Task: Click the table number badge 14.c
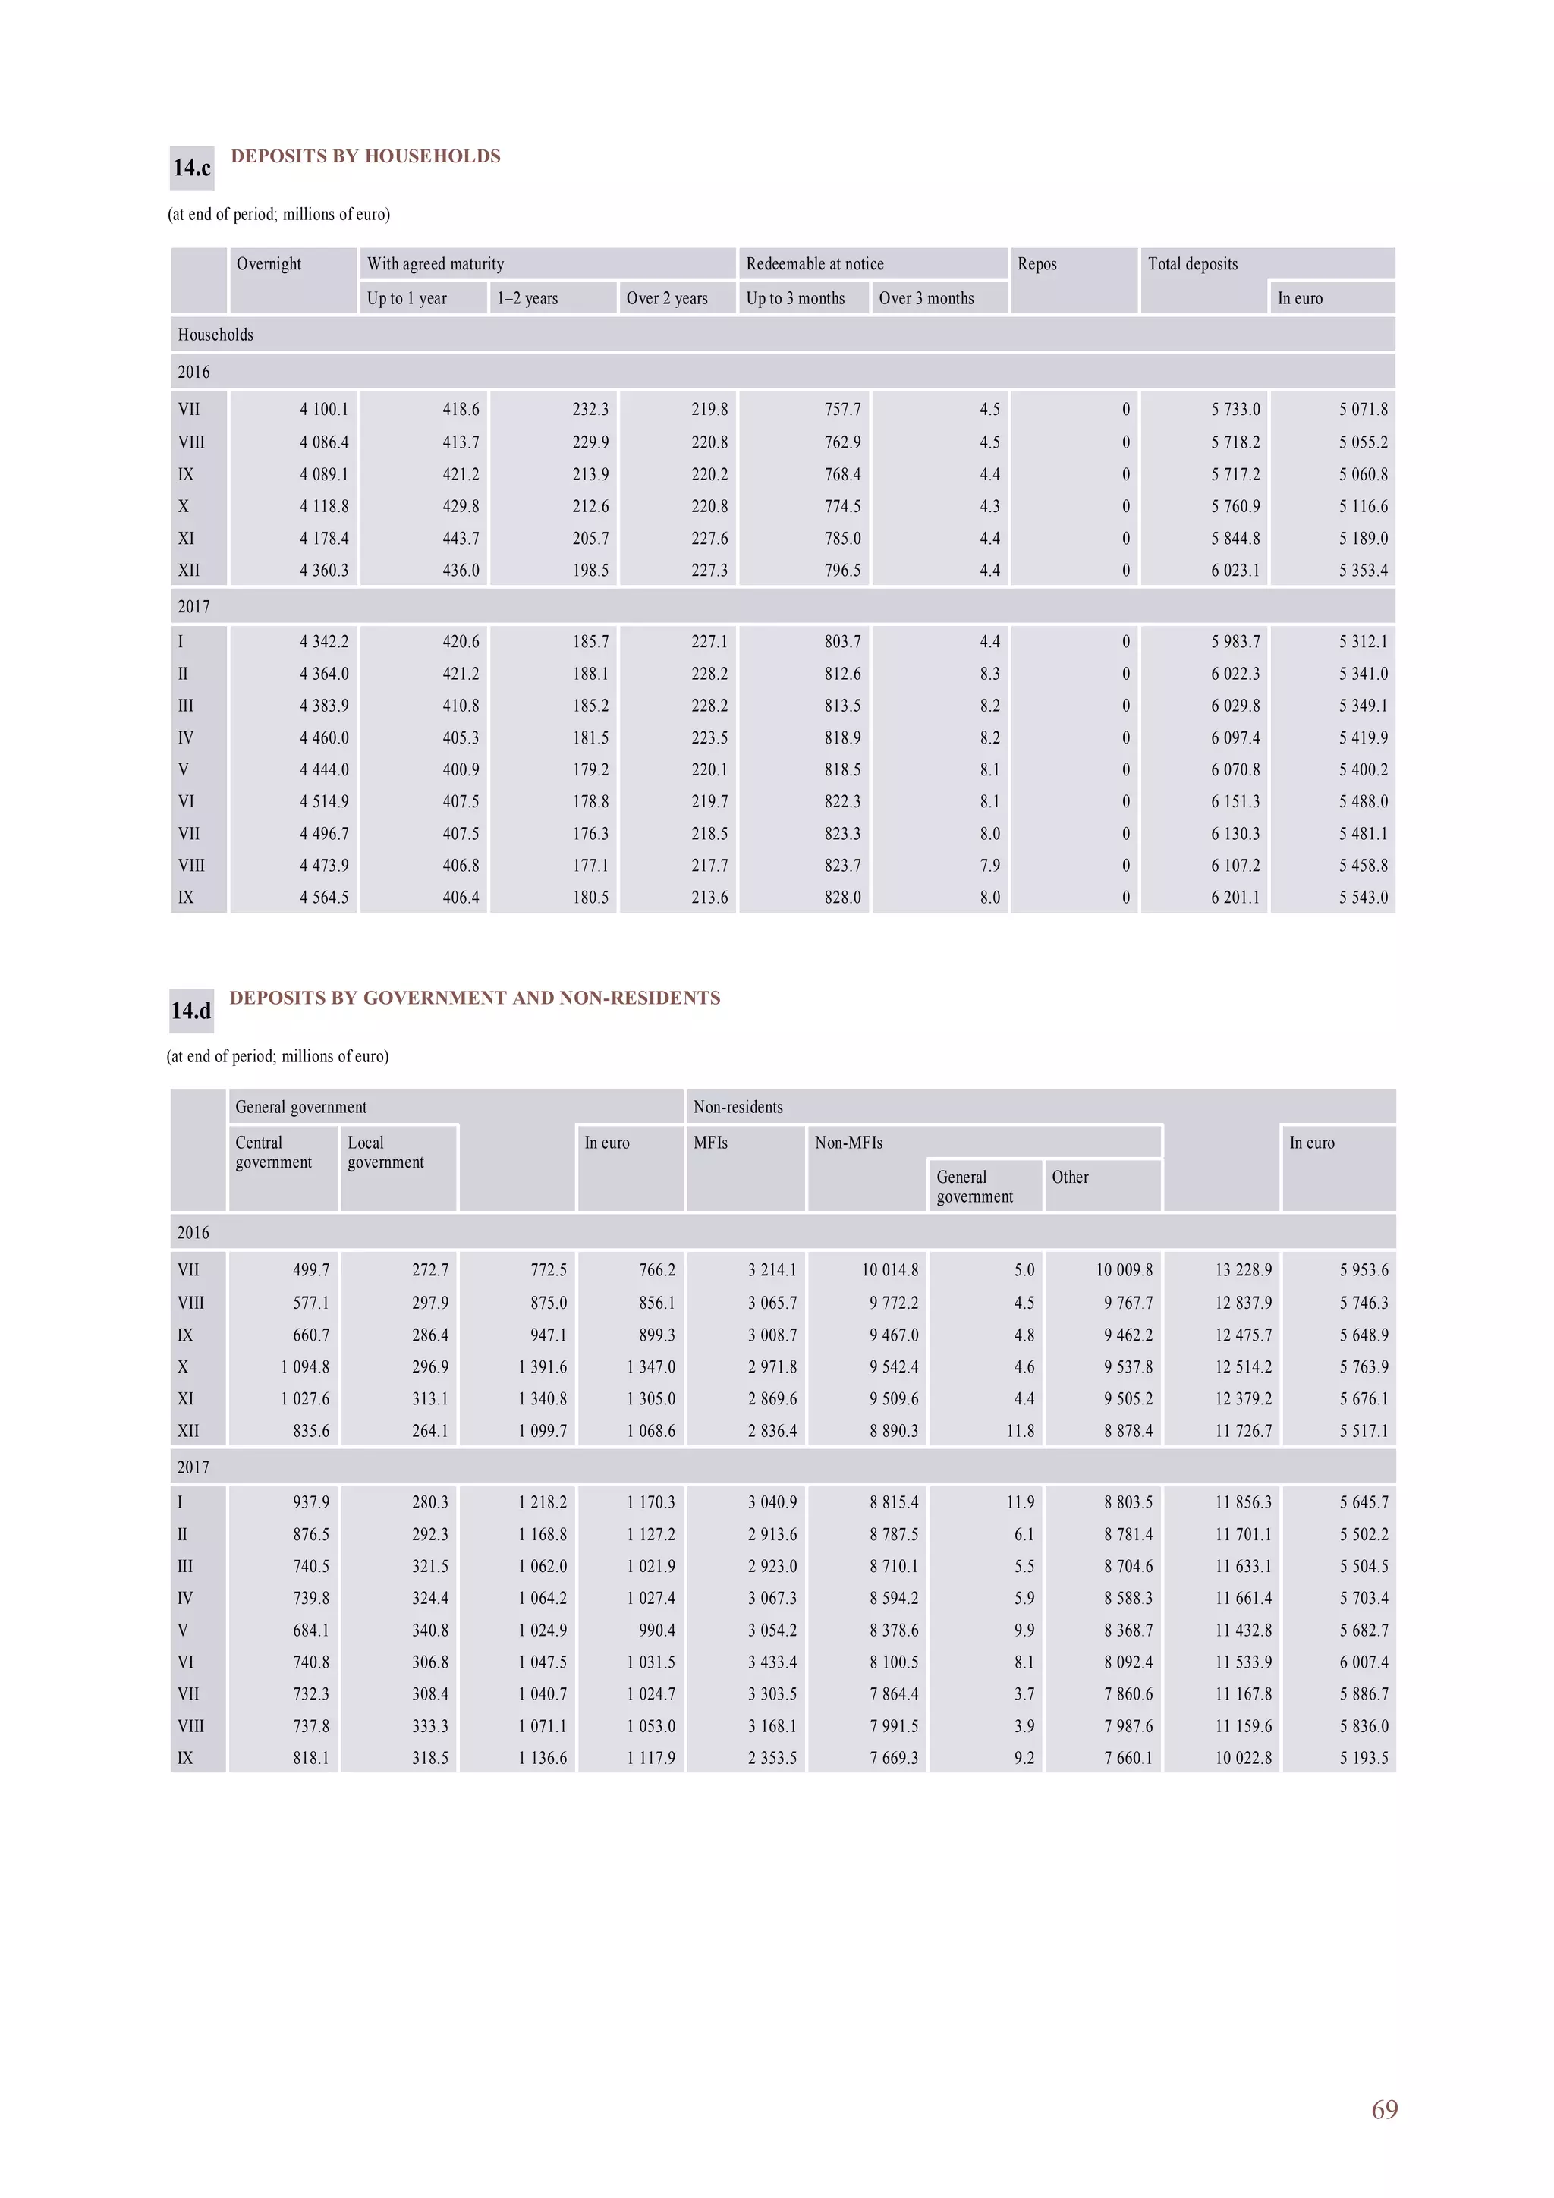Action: pyautogui.click(x=191, y=168)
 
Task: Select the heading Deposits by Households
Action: pyautogui.click(x=365, y=156)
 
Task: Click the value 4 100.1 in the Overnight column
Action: pyautogui.click(x=324, y=410)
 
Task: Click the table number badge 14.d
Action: pyautogui.click(x=191, y=1011)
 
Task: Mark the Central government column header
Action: pyautogui.click(x=273, y=1152)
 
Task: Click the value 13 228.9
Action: pyautogui.click(x=1243, y=1270)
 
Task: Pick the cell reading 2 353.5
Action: pyautogui.click(x=772, y=1759)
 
